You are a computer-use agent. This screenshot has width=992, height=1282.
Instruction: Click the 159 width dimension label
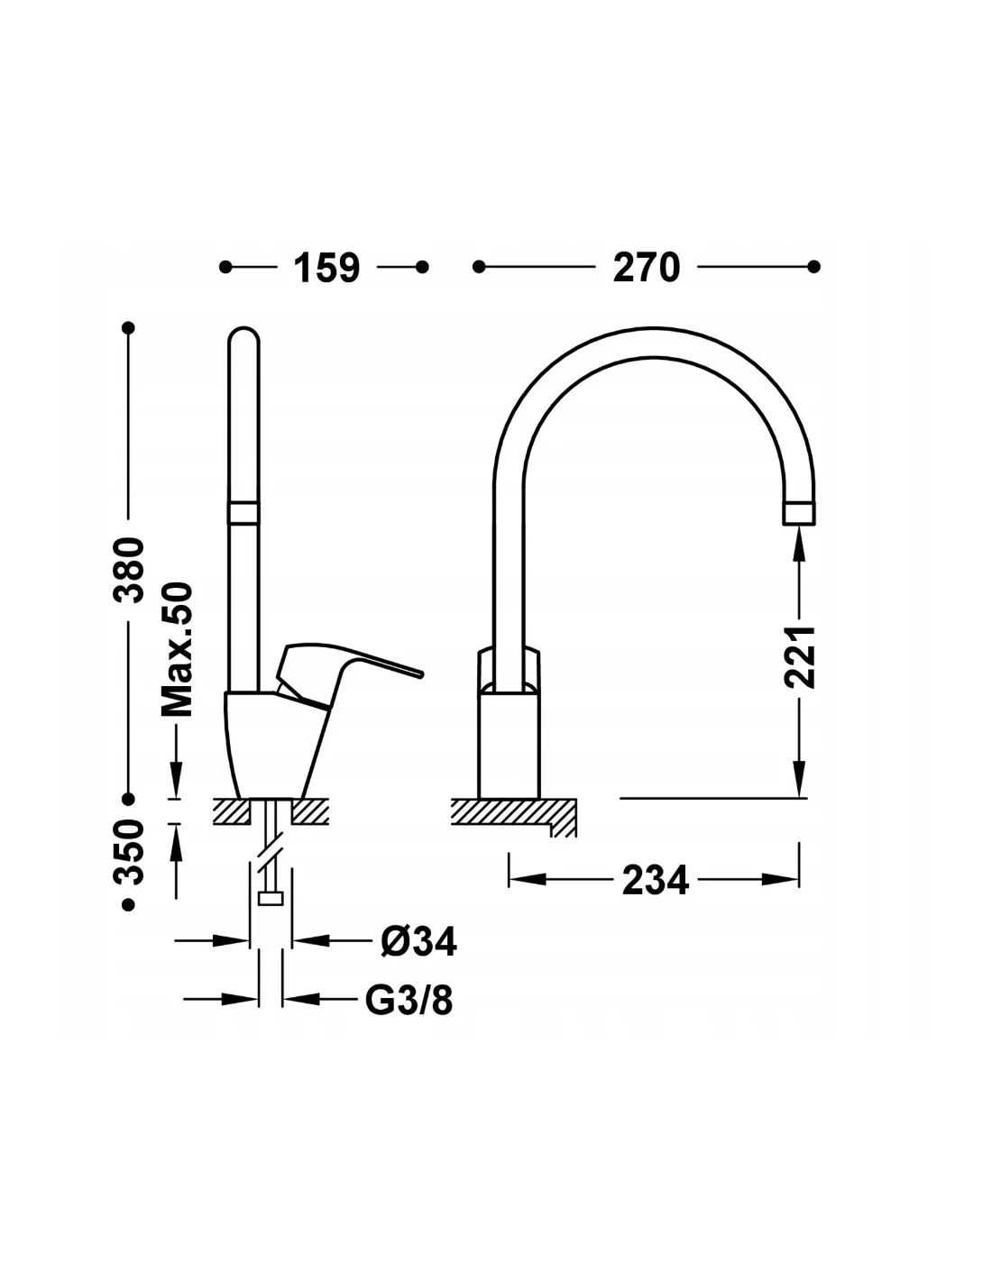point(326,268)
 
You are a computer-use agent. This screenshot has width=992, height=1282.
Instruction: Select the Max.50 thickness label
point(178,649)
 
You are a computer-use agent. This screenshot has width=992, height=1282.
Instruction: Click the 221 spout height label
point(800,656)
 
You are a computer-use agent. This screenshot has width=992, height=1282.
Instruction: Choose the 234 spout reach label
point(655,880)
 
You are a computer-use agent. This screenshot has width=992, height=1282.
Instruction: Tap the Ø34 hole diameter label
point(418,941)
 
